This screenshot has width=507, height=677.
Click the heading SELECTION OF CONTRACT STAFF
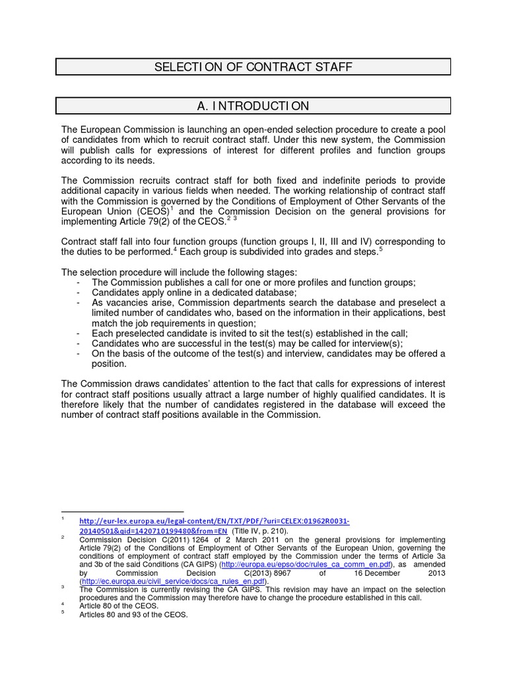(253, 67)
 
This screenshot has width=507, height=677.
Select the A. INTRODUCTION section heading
(253, 106)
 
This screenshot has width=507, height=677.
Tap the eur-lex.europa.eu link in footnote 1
(215, 521)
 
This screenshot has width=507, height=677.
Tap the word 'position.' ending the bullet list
(109, 364)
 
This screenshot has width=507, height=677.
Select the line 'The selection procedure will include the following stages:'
(180, 272)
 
